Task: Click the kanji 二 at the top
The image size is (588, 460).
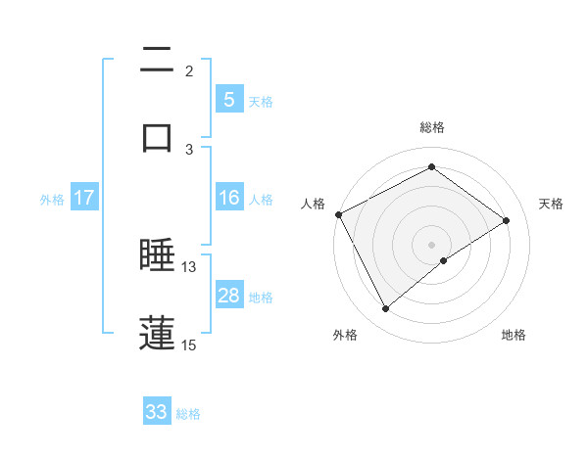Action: (157, 62)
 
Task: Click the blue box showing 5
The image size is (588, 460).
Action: (228, 99)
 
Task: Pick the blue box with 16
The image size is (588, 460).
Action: (228, 198)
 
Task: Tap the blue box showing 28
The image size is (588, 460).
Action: (228, 296)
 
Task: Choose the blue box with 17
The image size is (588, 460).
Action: (84, 198)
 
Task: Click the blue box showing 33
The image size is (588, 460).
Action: (157, 412)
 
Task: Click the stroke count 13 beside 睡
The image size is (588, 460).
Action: (189, 267)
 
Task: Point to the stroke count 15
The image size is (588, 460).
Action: (189, 345)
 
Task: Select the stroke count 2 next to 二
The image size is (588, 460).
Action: (189, 71)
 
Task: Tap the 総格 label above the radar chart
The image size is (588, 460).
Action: (432, 128)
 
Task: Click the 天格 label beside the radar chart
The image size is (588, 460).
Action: (552, 204)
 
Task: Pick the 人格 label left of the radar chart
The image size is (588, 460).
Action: (313, 204)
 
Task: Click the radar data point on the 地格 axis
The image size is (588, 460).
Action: (444, 260)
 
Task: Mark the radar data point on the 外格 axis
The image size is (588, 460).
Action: (385, 309)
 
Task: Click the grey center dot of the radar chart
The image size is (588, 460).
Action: (432, 244)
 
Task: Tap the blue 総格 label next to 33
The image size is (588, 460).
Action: (188, 414)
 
